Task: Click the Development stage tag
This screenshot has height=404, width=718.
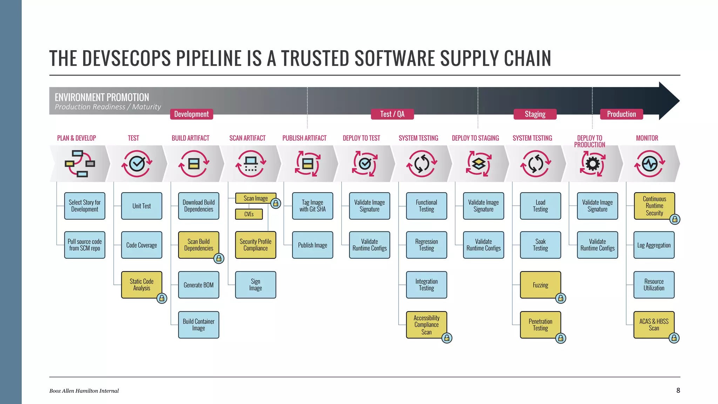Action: tap(191, 114)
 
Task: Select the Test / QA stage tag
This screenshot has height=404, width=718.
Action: tap(392, 114)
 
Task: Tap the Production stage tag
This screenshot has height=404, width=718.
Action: tap(621, 114)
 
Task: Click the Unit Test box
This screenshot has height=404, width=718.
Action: tap(142, 206)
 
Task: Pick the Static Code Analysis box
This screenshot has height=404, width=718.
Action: tap(142, 285)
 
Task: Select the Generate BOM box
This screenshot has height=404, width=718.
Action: tap(198, 285)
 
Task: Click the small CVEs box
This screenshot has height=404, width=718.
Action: tap(249, 214)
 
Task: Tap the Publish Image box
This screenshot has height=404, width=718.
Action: tap(312, 245)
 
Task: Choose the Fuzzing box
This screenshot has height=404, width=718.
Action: tap(540, 285)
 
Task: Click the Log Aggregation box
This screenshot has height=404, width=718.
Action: tap(654, 245)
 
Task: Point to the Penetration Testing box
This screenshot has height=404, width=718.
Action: tap(540, 325)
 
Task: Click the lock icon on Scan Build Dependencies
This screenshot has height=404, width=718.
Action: tap(219, 258)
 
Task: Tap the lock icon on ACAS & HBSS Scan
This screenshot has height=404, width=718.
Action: tap(674, 338)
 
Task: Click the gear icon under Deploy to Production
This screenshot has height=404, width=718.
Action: tap(592, 164)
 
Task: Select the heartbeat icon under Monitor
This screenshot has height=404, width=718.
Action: tap(650, 164)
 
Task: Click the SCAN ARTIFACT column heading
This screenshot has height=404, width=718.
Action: tap(248, 138)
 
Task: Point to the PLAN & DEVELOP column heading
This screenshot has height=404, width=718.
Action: tap(76, 138)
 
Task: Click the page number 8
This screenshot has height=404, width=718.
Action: tap(678, 390)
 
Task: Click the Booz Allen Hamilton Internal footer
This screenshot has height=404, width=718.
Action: tap(84, 391)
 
